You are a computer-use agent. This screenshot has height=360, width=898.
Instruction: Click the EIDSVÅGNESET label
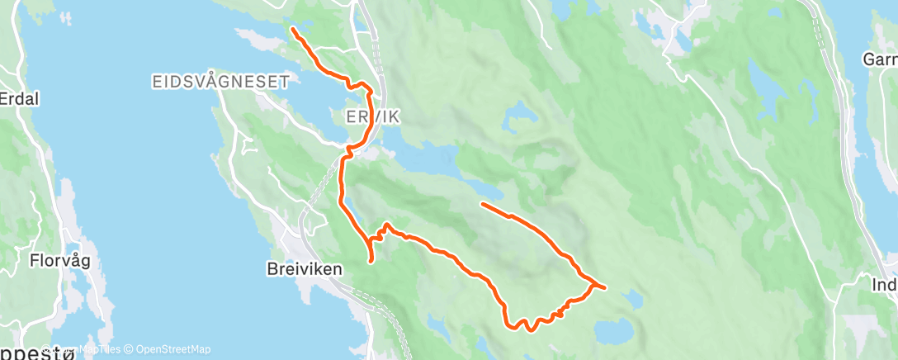pyautogui.click(x=220, y=81)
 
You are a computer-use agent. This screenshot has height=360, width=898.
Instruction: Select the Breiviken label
pyautogui.click(x=305, y=268)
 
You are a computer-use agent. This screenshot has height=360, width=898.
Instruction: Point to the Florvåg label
pyautogui.click(x=59, y=261)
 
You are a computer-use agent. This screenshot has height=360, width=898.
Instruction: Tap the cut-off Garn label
pyautogui.click(x=879, y=59)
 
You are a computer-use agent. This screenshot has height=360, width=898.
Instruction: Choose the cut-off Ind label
pyautogui.click(x=884, y=285)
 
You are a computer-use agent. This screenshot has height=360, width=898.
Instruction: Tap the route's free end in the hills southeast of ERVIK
pyautogui.click(x=481, y=203)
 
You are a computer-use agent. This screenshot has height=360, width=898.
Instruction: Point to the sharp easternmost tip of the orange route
pyautogui.click(x=605, y=287)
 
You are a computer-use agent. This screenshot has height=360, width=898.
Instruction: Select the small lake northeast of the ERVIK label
pyautogui.click(x=516, y=113)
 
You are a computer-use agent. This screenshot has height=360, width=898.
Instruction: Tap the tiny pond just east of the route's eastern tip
pyautogui.click(x=631, y=296)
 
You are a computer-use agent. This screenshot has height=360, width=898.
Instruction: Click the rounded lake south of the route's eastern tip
pyautogui.click(x=614, y=332)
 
